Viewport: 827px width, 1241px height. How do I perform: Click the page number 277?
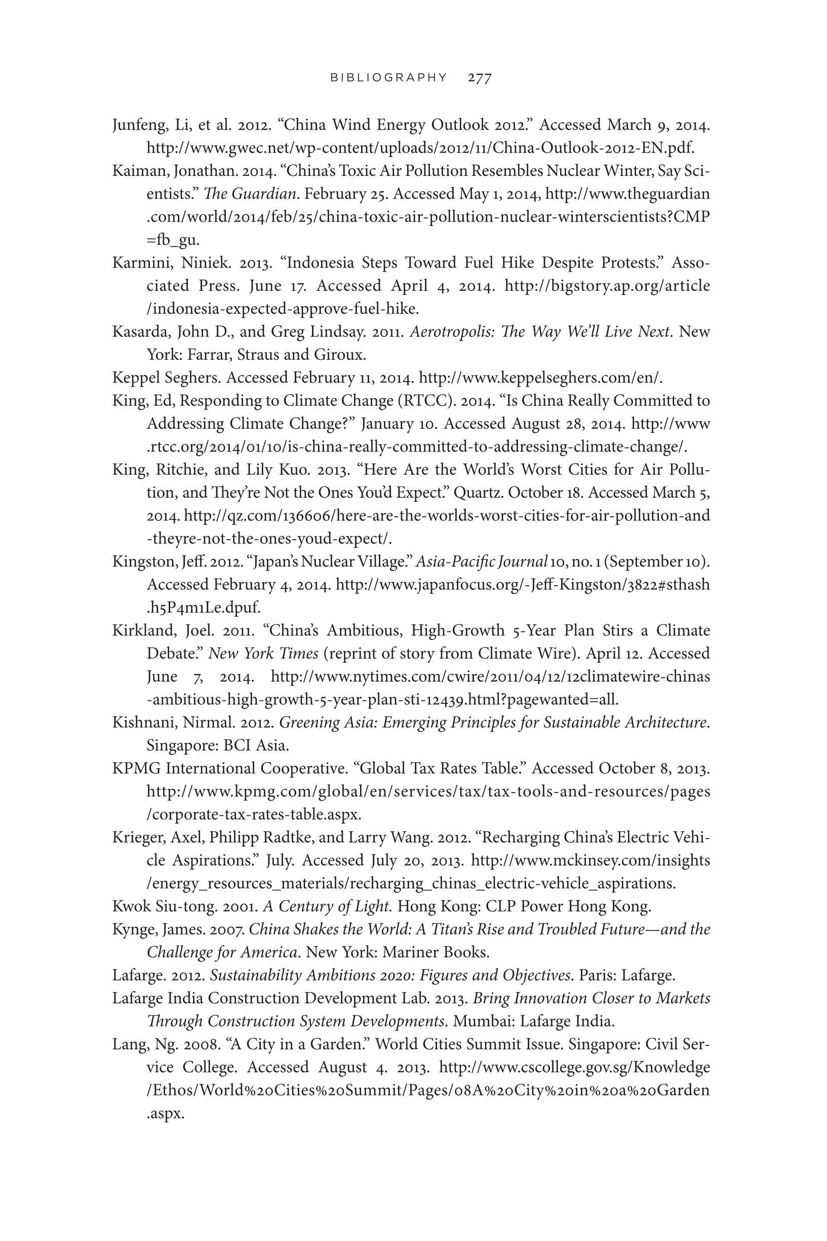[480, 78]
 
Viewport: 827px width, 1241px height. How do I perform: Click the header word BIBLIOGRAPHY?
[388, 78]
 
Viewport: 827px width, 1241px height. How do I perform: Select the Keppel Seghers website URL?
[540, 378]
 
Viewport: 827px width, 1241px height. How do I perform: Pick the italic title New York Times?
[263, 654]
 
